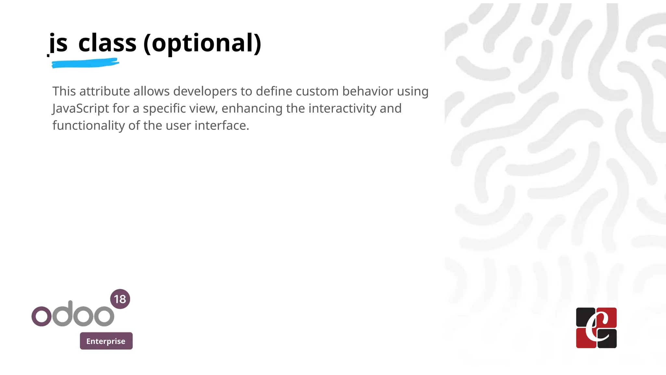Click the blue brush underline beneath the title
tap(85, 63)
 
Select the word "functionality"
tap(88, 126)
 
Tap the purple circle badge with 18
tap(120, 299)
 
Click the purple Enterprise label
tap(106, 341)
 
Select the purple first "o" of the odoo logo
tap(41, 316)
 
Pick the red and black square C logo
tap(596, 327)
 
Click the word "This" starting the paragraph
tap(64, 91)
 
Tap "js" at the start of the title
tap(59, 44)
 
